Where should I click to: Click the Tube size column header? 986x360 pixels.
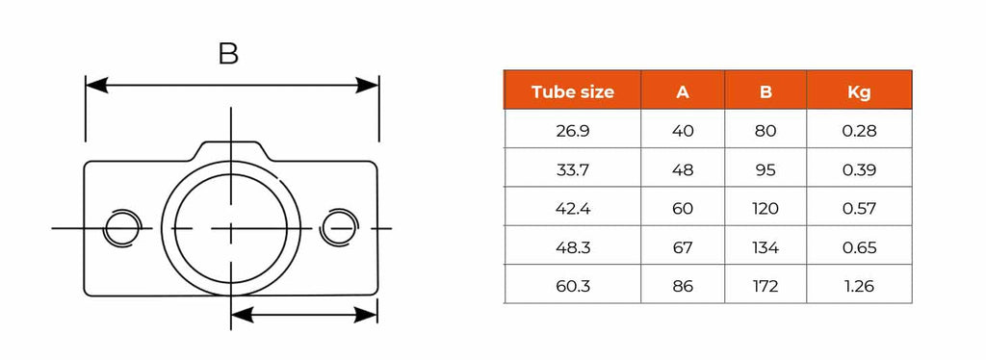(572, 91)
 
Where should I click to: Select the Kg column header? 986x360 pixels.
(859, 91)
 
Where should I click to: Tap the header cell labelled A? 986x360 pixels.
(683, 92)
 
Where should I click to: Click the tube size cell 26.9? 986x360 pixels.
(572, 131)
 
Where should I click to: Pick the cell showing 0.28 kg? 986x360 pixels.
(859, 131)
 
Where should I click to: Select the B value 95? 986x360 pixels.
(765, 169)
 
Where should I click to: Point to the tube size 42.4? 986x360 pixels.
(572, 209)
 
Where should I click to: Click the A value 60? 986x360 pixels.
(683, 209)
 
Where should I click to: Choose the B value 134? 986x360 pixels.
(765, 247)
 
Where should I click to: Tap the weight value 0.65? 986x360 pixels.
(859, 247)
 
